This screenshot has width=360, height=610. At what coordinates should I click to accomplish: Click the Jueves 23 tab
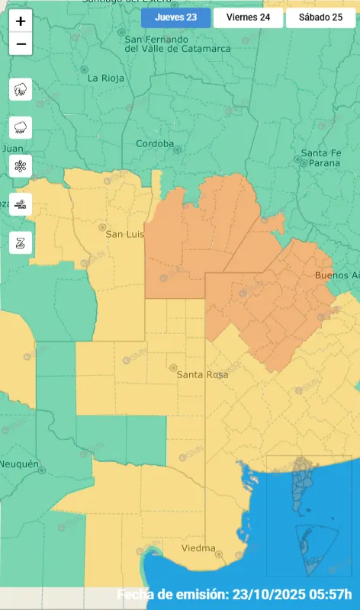click(175, 17)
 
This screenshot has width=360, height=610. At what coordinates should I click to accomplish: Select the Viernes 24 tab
click(247, 17)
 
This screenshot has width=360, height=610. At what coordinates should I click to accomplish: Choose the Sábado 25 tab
click(320, 17)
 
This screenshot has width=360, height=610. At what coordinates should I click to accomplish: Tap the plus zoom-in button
click(21, 21)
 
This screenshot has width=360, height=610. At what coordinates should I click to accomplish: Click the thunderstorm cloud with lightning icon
click(21, 90)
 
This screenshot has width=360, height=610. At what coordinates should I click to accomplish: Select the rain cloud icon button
click(21, 127)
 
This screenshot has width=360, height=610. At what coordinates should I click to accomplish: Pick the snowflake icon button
click(21, 165)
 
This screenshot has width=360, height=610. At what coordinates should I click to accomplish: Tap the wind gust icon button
click(21, 204)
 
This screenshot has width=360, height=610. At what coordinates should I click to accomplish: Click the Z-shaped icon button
click(21, 242)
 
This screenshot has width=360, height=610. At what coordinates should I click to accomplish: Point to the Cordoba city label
click(155, 143)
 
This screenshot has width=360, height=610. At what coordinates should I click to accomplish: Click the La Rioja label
click(104, 78)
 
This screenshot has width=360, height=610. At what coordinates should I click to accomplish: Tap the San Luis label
click(124, 234)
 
